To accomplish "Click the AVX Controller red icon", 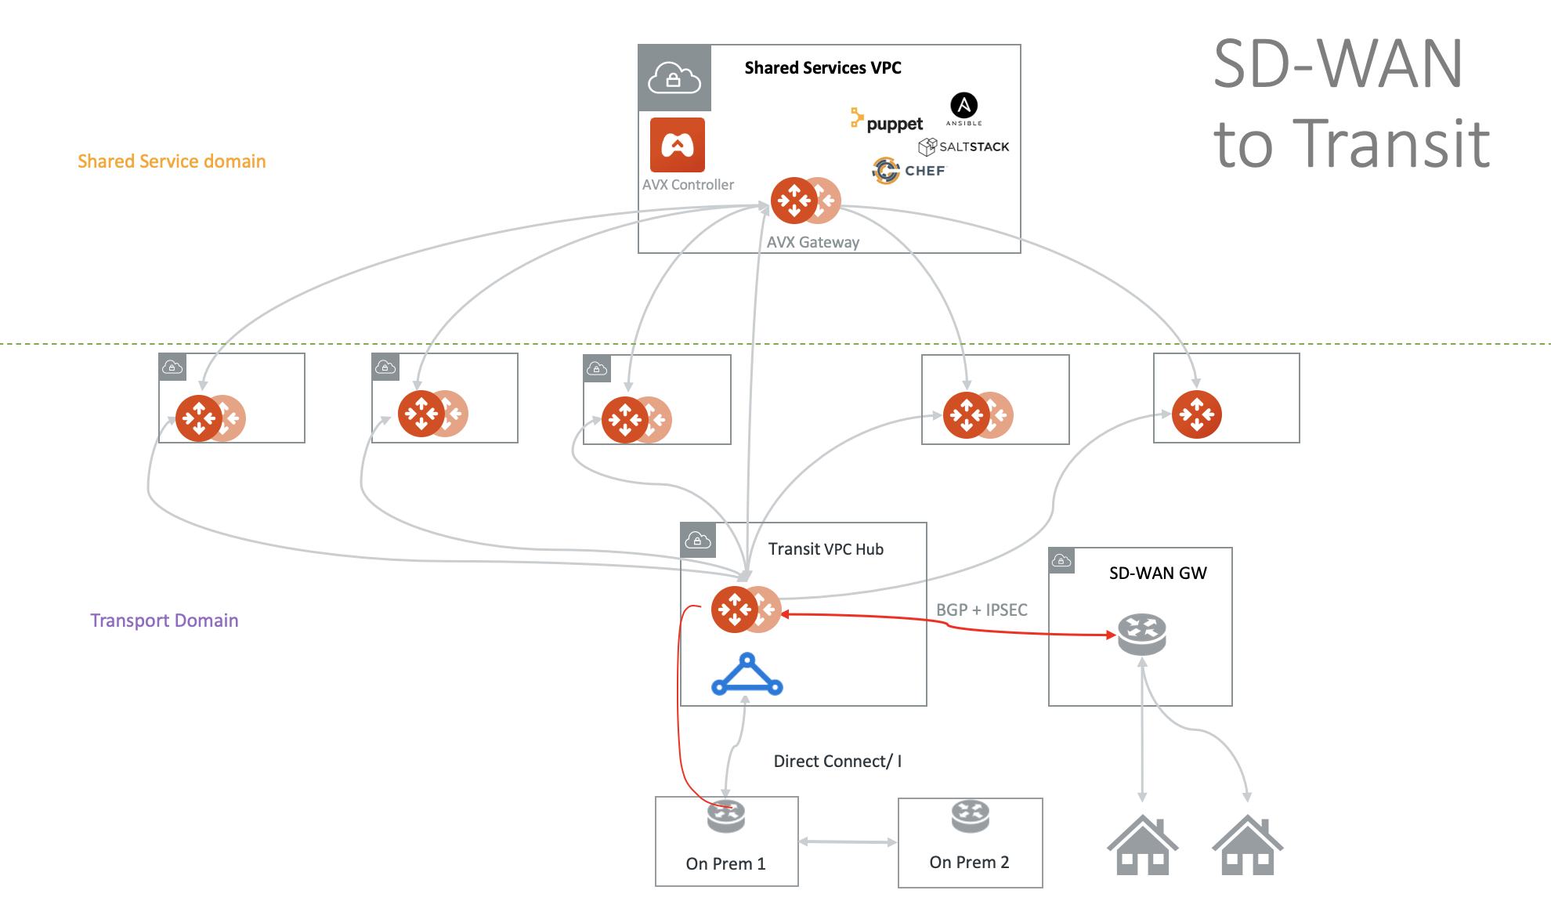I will [677, 145].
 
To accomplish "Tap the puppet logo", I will [888, 122].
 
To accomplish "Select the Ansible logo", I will [963, 108].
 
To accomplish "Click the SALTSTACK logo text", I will [973, 147].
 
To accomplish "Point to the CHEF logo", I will [909, 170].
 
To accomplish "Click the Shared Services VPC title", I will [822, 68].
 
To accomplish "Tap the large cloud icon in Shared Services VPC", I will [674, 78].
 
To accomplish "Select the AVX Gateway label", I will [812, 242].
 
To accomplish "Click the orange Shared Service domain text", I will [172, 161].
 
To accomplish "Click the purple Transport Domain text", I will [164, 621].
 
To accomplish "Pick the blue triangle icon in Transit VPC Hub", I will [747, 676].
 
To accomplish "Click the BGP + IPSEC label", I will [982, 610].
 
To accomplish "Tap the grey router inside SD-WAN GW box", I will [1141, 634].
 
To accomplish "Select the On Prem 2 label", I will [969, 862].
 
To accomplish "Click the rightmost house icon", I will [1247, 845].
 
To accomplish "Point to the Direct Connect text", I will [837, 761].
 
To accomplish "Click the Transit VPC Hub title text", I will [826, 549].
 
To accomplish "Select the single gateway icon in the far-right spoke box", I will [1196, 414].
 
